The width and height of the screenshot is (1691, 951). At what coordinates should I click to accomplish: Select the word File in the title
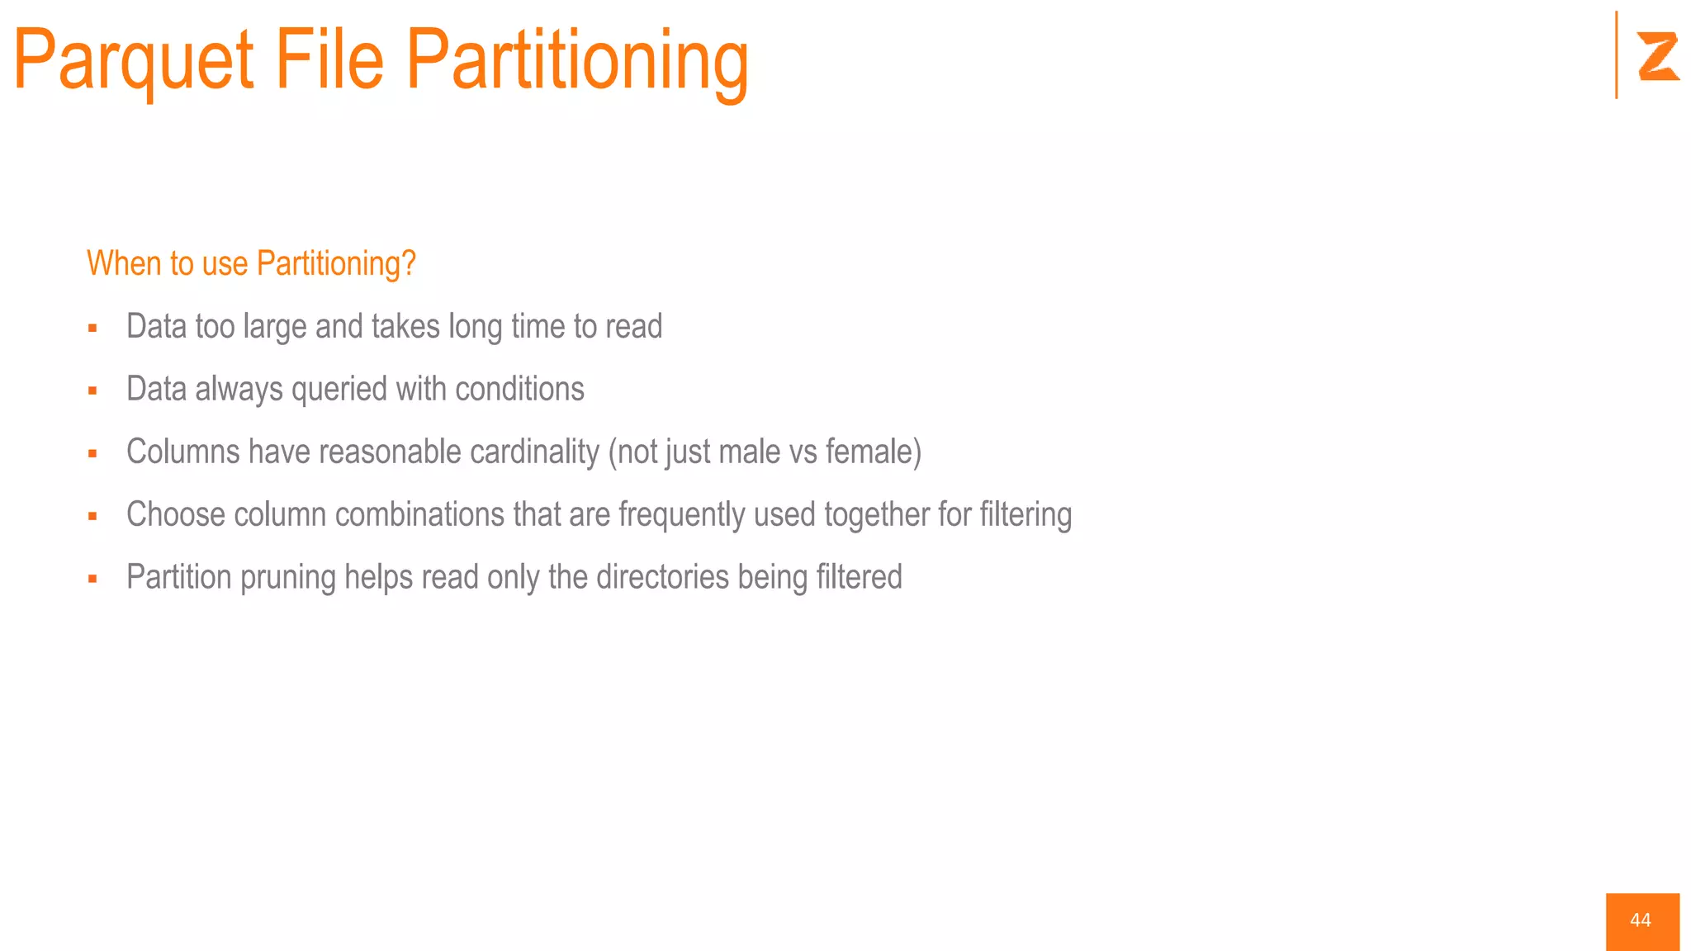(x=329, y=59)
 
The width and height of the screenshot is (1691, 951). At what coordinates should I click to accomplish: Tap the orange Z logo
(x=1658, y=56)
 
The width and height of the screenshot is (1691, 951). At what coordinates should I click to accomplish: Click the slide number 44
(x=1641, y=920)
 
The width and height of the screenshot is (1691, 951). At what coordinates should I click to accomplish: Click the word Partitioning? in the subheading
(x=336, y=264)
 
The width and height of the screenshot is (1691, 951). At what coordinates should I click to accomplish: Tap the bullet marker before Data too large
(x=92, y=329)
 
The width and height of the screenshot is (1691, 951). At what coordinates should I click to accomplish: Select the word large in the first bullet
(x=274, y=327)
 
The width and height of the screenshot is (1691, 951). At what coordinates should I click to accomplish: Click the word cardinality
(x=534, y=452)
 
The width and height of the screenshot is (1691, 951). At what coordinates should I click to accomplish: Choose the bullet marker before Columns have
(x=92, y=454)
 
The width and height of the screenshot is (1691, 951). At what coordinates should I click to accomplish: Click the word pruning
(x=287, y=578)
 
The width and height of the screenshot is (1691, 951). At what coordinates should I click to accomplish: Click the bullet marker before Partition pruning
(x=92, y=580)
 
